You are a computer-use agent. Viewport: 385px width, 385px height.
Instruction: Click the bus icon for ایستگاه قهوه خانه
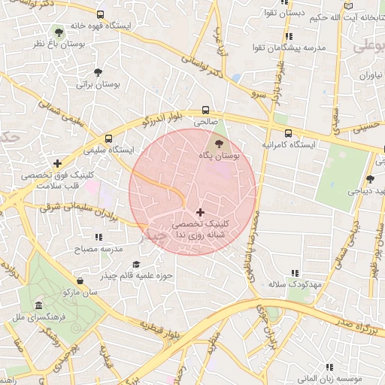[101, 14]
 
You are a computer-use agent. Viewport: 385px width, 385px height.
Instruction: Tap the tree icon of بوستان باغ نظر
[59, 32]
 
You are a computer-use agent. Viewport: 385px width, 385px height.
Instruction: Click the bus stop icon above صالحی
[205, 109]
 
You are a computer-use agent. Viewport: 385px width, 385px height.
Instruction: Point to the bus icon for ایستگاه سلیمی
[110, 138]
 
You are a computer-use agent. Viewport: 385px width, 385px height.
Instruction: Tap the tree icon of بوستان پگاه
[219, 143]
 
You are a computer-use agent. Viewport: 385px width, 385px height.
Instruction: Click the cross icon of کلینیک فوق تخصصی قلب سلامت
[57, 163]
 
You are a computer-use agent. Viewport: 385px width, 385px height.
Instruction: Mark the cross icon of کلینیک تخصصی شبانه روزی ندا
[199, 213]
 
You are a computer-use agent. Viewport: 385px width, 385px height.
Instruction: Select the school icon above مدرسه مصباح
[97, 235]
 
